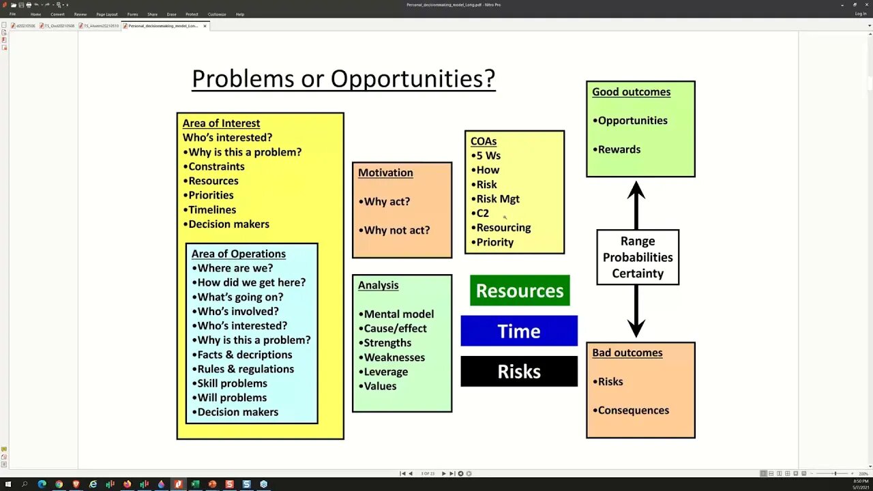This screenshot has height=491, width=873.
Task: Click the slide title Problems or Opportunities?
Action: point(343,79)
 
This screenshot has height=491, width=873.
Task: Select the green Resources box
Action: point(520,291)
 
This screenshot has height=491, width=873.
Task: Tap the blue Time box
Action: point(519,331)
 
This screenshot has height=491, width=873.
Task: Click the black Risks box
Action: point(519,372)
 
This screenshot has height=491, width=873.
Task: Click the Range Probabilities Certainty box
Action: point(637,257)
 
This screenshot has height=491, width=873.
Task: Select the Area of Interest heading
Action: point(221,123)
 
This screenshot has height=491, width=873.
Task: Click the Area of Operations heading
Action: point(238,254)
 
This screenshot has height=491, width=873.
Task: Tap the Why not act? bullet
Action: point(396,230)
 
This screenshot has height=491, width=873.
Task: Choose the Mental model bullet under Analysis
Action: point(398,314)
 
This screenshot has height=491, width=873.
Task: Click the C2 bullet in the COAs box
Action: point(482,213)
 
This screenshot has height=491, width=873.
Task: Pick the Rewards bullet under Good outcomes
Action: point(618,149)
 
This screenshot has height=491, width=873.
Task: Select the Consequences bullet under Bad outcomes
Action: point(632,411)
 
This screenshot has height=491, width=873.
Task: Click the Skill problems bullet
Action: point(231,383)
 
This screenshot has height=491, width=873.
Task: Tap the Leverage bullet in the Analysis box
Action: point(385,372)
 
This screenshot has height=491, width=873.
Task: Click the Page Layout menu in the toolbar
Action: point(106,14)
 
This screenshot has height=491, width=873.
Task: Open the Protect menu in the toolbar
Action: point(192,14)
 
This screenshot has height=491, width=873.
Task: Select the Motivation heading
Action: point(385,173)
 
